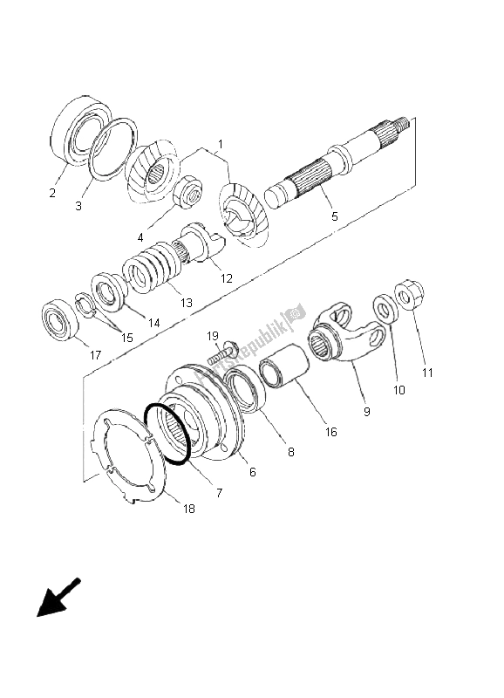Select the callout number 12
pos(226,278)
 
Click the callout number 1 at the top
pos(221,144)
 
